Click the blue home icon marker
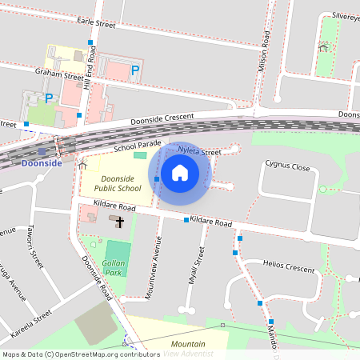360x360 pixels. point(180,172)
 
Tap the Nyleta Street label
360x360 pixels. point(199,151)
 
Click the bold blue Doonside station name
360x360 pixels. point(42,163)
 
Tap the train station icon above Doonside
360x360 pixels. point(42,150)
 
